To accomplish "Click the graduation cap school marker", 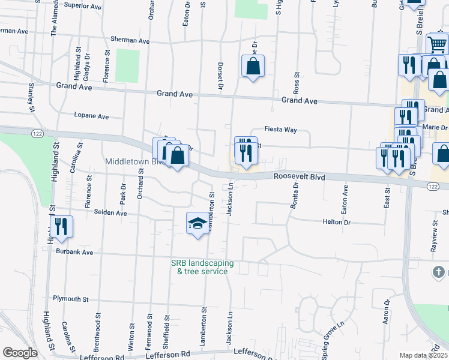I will [197, 224].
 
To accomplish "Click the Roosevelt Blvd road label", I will [299, 177].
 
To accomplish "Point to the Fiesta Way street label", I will [282, 130].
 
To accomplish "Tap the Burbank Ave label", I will [75, 253].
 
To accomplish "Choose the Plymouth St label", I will [71, 299].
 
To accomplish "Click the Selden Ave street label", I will [106, 213].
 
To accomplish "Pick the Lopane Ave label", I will [91, 116].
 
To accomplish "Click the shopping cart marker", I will [437, 44].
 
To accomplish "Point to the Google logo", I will [20, 353].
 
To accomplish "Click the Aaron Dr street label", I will [387, 311].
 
